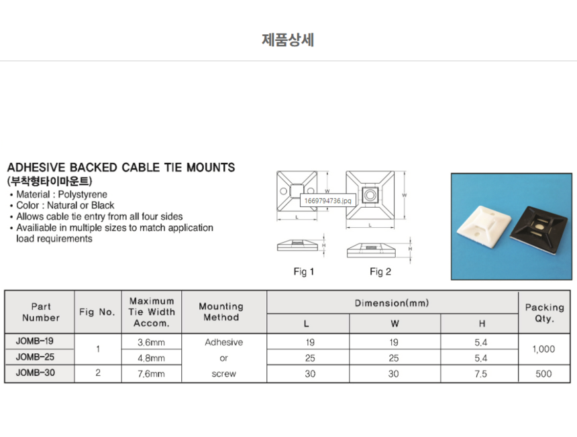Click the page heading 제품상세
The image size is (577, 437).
click(288, 40)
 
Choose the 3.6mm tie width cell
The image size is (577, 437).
click(151, 342)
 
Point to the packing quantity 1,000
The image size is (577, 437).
click(543, 350)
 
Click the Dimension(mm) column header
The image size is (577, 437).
click(392, 303)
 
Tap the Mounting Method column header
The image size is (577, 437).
click(224, 312)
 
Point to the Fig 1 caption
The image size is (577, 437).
click(304, 271)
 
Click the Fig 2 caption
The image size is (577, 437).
click(380, 271)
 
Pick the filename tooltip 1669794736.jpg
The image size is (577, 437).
click(327, 200)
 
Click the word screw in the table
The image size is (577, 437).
click(224, 374)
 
